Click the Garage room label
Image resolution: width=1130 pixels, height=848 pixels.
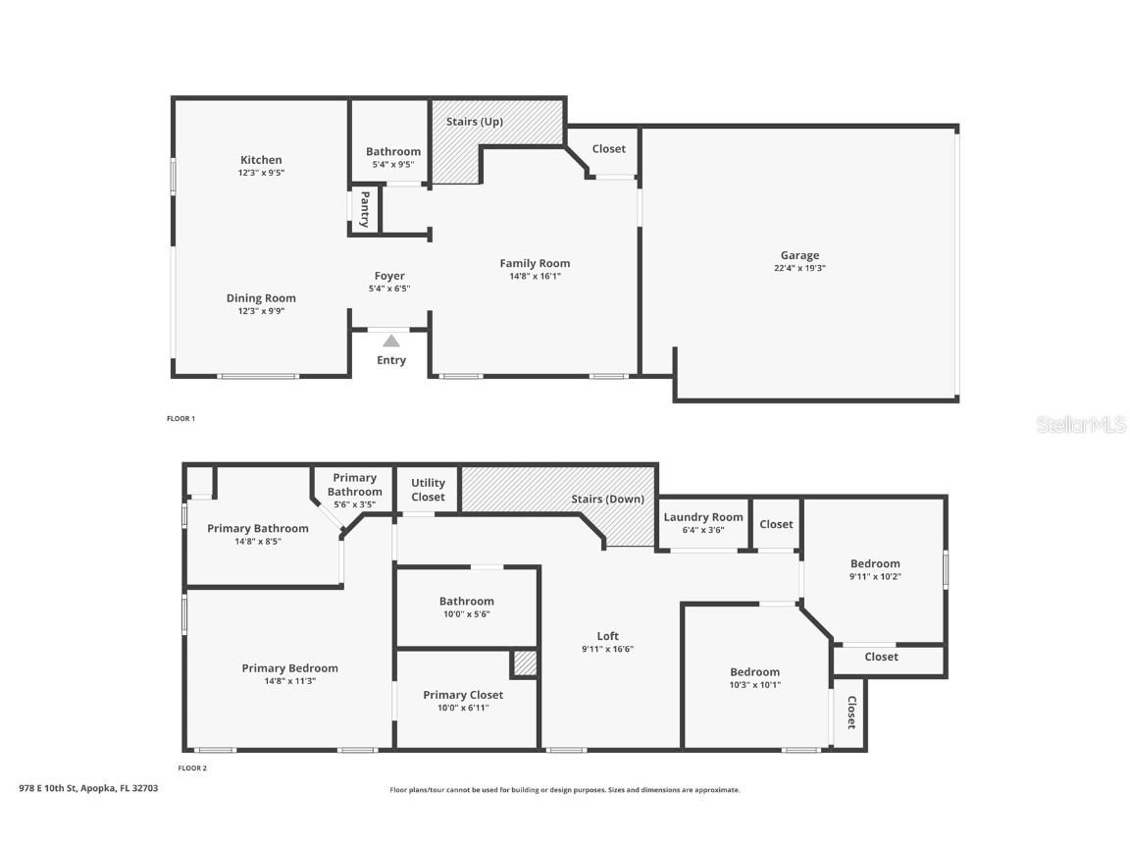799,255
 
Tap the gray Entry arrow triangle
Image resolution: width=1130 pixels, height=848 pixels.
390,342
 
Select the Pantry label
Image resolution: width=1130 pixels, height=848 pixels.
365,209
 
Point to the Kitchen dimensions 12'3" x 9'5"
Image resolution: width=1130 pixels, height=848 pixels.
261,173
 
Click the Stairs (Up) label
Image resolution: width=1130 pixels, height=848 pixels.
474,121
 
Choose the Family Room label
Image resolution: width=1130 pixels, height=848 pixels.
535,263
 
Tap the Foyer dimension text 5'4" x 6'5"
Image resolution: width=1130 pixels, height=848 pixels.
389,289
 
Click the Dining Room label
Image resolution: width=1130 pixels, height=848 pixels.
261,297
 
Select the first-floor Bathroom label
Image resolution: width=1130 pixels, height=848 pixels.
392,151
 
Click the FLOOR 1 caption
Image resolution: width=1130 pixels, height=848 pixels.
180,418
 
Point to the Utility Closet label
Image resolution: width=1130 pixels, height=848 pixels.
428,490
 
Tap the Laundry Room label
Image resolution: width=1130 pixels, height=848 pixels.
702,517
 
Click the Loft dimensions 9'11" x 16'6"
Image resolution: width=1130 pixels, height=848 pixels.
607,649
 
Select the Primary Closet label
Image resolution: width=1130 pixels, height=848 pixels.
463,695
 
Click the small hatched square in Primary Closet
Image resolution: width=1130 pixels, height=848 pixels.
525,663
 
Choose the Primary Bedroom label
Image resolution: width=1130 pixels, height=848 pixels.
289,668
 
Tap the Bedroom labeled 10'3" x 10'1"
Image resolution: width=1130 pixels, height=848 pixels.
754,672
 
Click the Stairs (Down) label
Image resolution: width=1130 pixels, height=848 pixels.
607,499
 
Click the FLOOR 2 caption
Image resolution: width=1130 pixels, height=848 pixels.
192,768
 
